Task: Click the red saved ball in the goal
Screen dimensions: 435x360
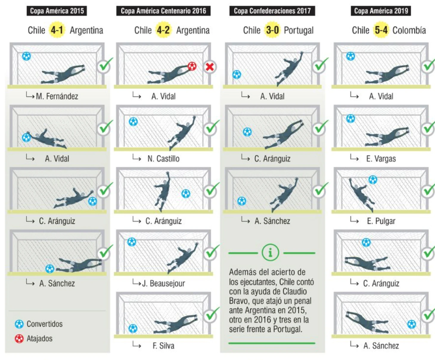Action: (x=192, y=66)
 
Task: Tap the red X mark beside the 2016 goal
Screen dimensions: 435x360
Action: (x=209, y=67)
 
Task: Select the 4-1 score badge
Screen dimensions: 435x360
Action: (x=57, y=30)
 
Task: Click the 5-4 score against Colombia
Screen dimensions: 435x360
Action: (x=381, y=30)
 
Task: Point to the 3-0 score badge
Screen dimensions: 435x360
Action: (x=272, y=30)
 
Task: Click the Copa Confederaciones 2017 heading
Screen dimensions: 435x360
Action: (x=272, y=11)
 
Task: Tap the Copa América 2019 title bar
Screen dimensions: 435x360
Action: (x=381, y=11)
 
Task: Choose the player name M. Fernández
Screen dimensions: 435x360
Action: (x=57, y=96)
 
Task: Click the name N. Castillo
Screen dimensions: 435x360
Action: (x=164, y=159)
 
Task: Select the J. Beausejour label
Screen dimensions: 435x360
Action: (x=164, y=283)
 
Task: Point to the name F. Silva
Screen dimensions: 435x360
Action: (x=164, y=346)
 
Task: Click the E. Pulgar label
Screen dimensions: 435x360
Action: (x=381, y=221)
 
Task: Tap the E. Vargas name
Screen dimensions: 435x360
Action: (x=381, y=159)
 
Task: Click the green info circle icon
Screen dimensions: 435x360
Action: (x=270, y=252)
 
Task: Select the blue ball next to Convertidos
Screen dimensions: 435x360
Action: (x=19, y=324)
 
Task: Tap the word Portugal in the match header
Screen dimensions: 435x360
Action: (x=299, y=30)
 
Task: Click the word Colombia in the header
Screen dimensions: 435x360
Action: (x=409, y=30)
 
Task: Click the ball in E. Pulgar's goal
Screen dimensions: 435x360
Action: (x=373, y=180)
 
